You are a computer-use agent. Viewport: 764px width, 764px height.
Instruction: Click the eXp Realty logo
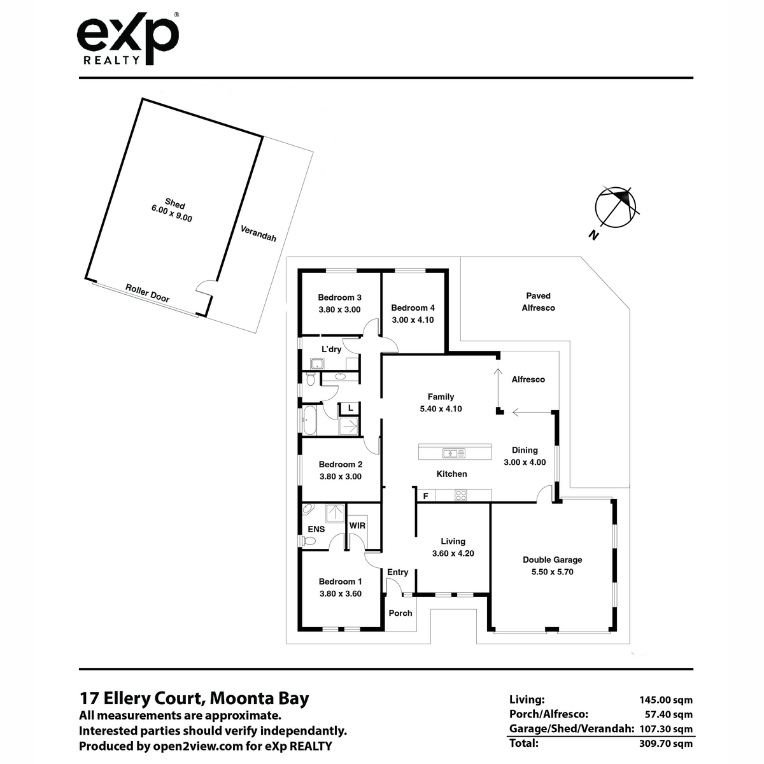click(128, 38)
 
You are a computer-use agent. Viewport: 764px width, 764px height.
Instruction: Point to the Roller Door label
click(148, 293)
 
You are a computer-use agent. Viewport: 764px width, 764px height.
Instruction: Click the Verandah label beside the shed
click(258, 234)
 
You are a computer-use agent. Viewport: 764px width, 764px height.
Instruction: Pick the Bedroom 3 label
click(339, 297)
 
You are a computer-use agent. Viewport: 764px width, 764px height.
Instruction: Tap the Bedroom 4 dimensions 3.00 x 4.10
click(413, 320)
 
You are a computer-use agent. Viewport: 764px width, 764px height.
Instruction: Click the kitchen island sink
click(454, 453)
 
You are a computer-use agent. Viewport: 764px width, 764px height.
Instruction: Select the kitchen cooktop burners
click(461, 495)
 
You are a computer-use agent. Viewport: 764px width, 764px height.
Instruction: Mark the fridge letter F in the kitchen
click(426, 496)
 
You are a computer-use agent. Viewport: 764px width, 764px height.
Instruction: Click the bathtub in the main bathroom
click(309, 420)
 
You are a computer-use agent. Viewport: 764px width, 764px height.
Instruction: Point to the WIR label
click(357, 526)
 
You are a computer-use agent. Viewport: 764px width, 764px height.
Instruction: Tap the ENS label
click(316, 529)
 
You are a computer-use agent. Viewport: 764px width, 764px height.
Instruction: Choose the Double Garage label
click(552, 560)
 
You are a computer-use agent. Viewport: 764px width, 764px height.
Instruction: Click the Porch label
click(400, 613)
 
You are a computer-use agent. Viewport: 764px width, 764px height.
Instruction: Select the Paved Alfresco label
click(538, 302)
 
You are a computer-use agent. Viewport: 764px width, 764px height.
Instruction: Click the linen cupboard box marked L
click(350, 407)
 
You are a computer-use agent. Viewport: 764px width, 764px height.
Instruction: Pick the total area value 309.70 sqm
click(666, 744)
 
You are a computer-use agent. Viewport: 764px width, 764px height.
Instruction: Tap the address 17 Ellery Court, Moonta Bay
click(194, 698)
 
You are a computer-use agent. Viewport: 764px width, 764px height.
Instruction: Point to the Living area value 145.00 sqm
click(666, 700)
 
